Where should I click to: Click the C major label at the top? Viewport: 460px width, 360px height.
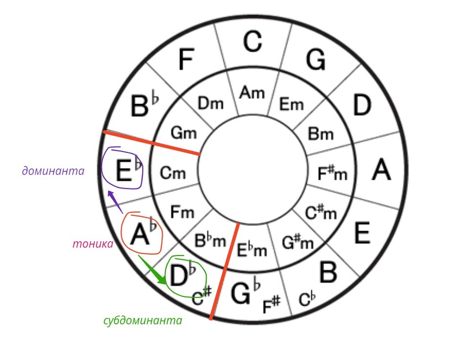click(x=253, y=42)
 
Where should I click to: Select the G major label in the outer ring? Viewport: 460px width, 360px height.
click(x=316, y=60)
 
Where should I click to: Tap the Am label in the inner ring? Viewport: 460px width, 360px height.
click(x=252, y=93)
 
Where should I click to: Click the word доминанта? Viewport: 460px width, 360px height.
click(x=53, y=171)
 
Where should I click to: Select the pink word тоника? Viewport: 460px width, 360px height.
click(x=93, y=244)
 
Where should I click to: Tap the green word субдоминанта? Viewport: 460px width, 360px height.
click(x=143, y=321)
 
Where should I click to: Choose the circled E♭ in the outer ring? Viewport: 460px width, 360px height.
click(x=125, y=169)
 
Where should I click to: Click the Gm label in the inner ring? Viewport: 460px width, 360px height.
click(x=183, y=132)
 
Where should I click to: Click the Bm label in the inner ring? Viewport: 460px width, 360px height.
click(x=321, y=133)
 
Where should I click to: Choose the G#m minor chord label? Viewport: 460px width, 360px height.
click(x=298, y=241)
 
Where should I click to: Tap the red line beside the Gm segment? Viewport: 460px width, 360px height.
click(x=152, y=143)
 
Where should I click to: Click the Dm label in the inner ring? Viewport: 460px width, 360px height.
click(x=210, y=103)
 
